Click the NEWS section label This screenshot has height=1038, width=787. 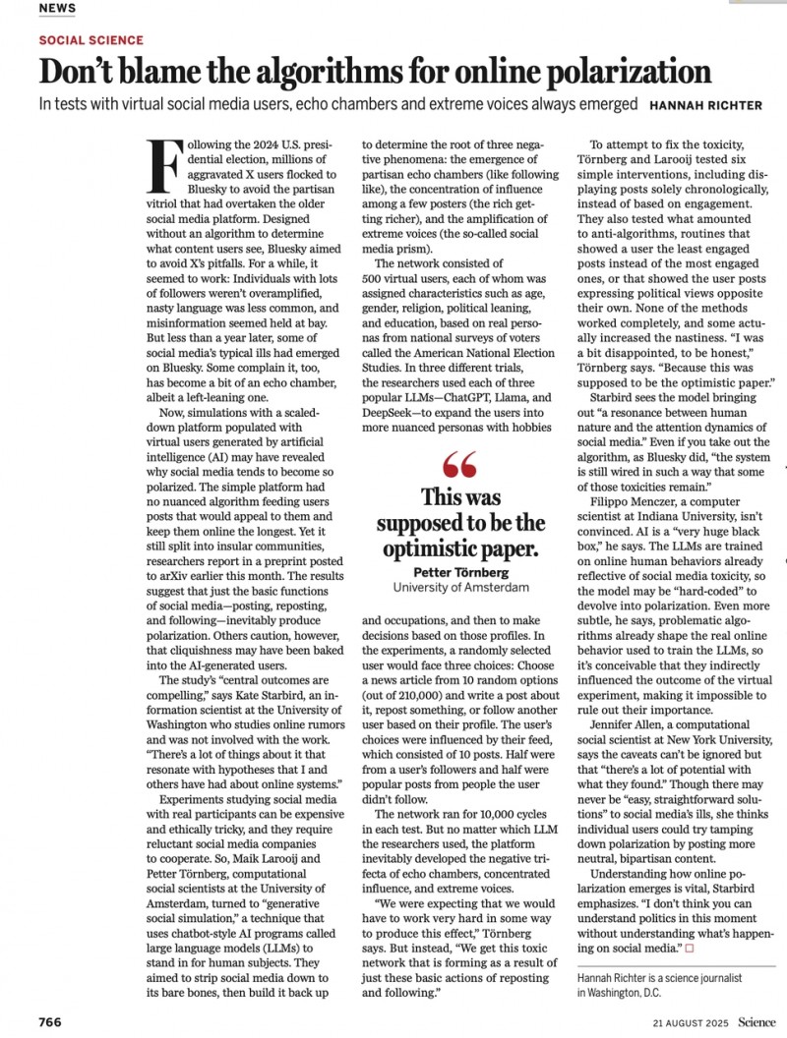coord(56,8)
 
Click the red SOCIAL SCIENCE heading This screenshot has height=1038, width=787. coord(91,40)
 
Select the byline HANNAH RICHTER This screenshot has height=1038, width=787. coord(705,105)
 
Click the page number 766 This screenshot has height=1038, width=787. coord(50,1022)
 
